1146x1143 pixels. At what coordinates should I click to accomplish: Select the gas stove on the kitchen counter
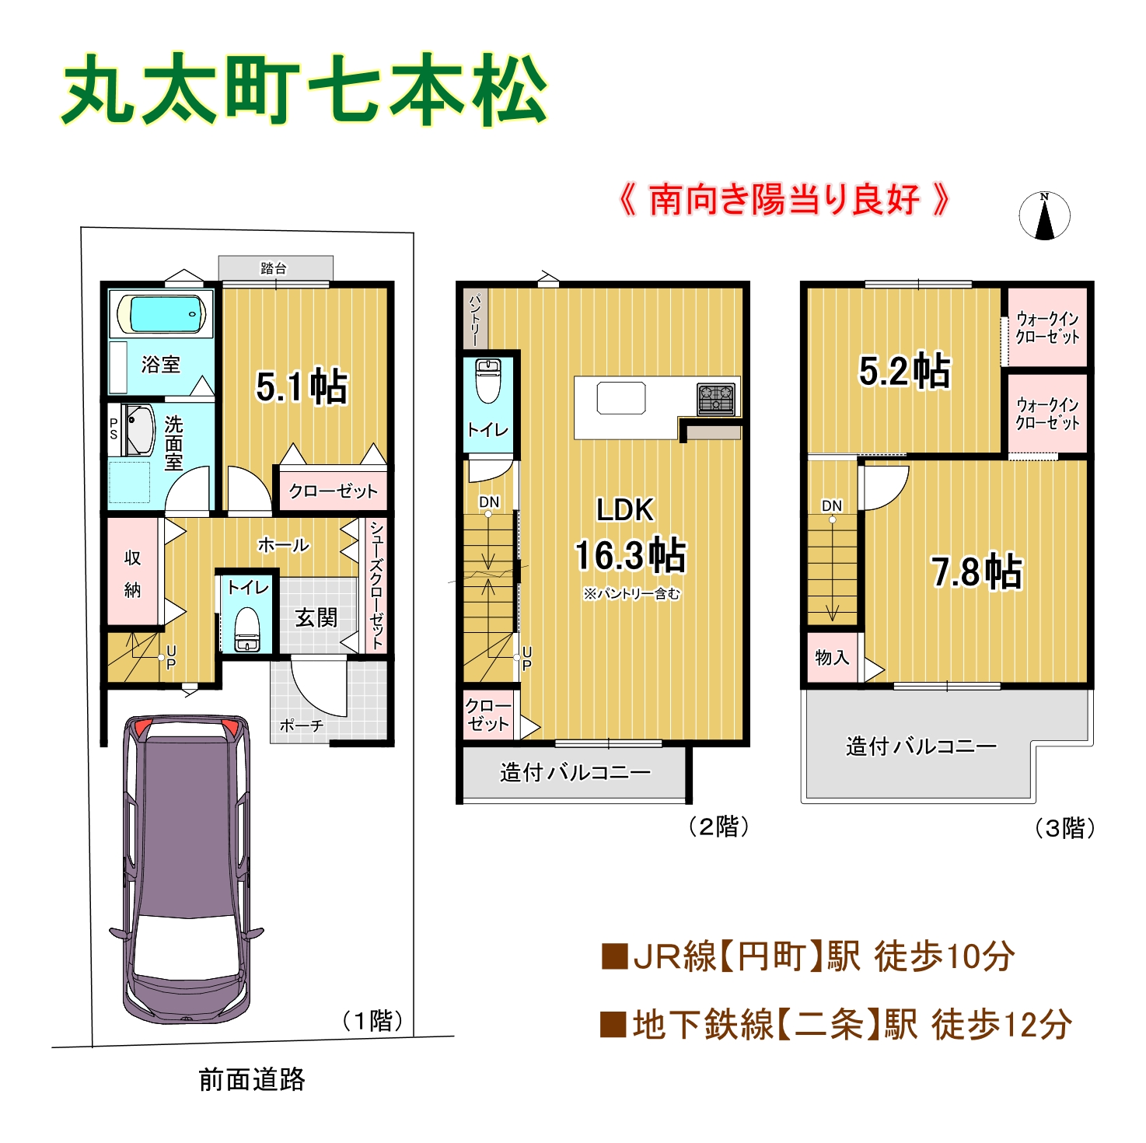tap(716, 399)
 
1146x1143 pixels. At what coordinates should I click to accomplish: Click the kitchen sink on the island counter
tap(621, 397)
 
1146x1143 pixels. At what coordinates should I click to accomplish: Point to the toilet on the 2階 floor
tap(487, 381)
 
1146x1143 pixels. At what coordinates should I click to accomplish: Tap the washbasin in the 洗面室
tap(139, 429)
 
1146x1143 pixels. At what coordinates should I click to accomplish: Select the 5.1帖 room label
tap(302, 387)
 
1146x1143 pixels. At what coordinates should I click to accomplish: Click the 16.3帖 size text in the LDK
tap(631, 554)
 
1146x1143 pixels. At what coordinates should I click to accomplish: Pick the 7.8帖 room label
tap(977, 571)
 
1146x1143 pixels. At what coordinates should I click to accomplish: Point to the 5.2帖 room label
tap(904, 371)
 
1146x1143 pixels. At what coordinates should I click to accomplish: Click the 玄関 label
tap(316, 617)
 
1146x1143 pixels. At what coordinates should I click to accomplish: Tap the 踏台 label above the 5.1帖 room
tap(274, 268)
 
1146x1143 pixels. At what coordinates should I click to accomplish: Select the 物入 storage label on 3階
tap(831, 657)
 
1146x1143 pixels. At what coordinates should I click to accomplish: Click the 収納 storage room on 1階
tap(133, 572)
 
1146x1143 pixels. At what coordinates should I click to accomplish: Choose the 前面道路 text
tap(252, 1079)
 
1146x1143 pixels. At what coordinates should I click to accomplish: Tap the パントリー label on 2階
tap(476, 320)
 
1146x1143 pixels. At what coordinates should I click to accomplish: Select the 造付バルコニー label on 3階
tap(921, 746)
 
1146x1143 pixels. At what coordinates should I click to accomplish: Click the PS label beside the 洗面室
tap(114, 428)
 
